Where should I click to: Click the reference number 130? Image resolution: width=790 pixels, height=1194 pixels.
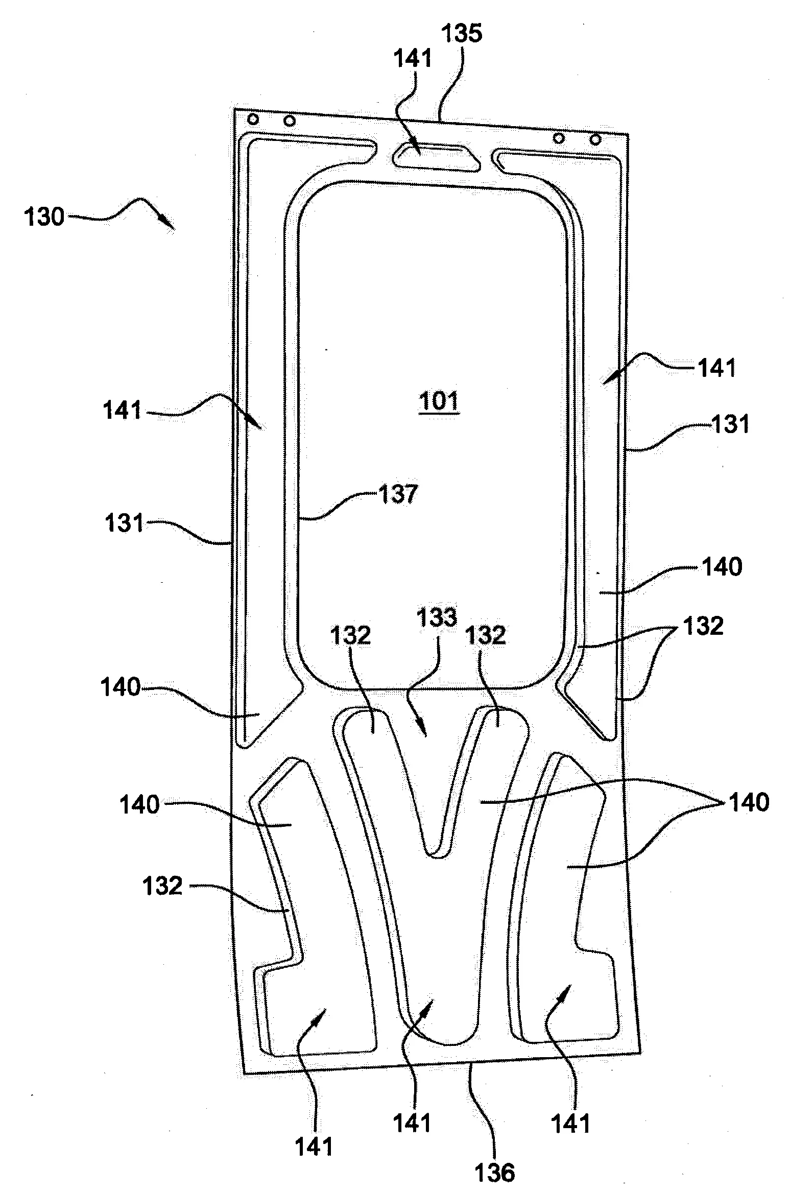pos(44,218)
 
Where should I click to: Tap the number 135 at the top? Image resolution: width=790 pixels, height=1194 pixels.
pos(461,34)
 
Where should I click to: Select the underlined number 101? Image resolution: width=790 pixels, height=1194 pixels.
pos(439,401)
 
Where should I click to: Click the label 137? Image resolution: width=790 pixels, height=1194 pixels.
pos(398,494)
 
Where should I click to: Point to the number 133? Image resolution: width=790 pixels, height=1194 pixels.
pos(437,617)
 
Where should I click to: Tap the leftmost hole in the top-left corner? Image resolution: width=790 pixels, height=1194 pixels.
pos(253,120)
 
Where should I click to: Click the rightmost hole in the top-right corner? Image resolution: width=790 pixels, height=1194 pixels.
pos(595,138)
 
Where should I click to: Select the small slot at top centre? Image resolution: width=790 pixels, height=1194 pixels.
pos(437,157)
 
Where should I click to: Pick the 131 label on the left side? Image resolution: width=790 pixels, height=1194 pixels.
pos(124,523)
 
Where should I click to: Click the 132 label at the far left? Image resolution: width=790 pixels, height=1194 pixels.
pos(162,886)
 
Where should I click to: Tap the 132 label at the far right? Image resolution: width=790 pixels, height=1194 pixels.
pos(703,626)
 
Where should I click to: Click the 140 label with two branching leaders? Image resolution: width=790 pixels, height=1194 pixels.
pos(749,802)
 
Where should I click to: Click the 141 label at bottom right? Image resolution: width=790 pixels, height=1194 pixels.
pos(570,1124)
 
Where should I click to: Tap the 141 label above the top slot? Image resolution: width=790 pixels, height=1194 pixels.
pos(413,59)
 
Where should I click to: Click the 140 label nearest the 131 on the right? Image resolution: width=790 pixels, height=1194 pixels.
pos(722,567)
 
